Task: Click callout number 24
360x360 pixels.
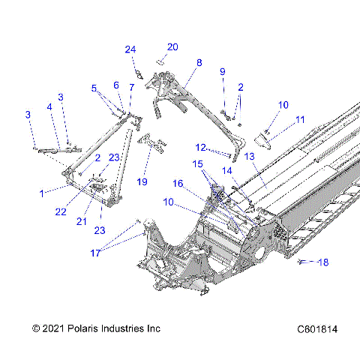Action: [x=130, y=49]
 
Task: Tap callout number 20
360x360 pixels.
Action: [x=172, y=46]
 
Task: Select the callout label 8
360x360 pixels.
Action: [x=199, y=63]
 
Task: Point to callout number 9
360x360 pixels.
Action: [x=222, y=71]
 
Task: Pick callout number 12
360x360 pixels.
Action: [x=201, y=147]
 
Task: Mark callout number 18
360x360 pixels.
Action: [x=324, y=262]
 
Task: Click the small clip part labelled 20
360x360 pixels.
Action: [x=160, y=61]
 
